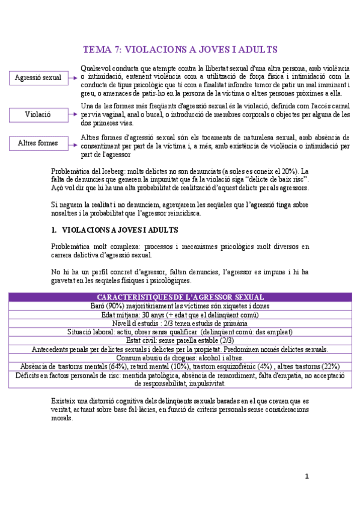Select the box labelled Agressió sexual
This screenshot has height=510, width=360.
(38, 78)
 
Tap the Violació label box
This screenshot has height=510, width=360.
(38, 114)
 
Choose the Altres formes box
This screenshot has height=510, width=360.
(38, 143)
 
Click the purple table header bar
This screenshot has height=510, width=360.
(180, 297)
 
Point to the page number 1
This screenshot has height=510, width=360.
(307, 476)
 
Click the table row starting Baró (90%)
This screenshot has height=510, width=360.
(180, 306)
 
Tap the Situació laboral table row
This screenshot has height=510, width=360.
(180, 331)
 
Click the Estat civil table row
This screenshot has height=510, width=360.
(180, 340)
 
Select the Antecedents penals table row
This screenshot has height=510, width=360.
(180, 349)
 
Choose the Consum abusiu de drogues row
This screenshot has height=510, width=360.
(180, 357)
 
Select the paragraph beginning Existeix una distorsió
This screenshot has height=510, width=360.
(180, 409)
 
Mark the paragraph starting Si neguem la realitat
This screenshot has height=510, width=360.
(180, 209)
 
